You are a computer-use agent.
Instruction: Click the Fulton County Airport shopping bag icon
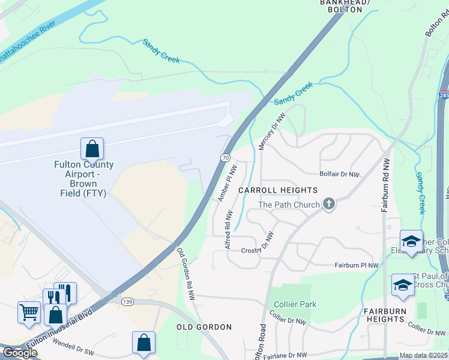point(92,148)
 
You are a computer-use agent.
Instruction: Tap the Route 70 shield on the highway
point(224,157)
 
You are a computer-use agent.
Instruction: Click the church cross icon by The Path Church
point(328,205)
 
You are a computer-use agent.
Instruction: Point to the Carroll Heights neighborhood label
point(278,190)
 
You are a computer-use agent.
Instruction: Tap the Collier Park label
point(295,304)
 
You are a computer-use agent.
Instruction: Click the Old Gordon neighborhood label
point(204,327)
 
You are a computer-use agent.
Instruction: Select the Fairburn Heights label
point(385,315)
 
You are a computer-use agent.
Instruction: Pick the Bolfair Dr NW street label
point(339,175)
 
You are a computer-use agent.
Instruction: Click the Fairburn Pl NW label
point(357,265)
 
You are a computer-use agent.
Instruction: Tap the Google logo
point(20,353)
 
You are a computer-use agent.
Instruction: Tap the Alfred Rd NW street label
point(228,230)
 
